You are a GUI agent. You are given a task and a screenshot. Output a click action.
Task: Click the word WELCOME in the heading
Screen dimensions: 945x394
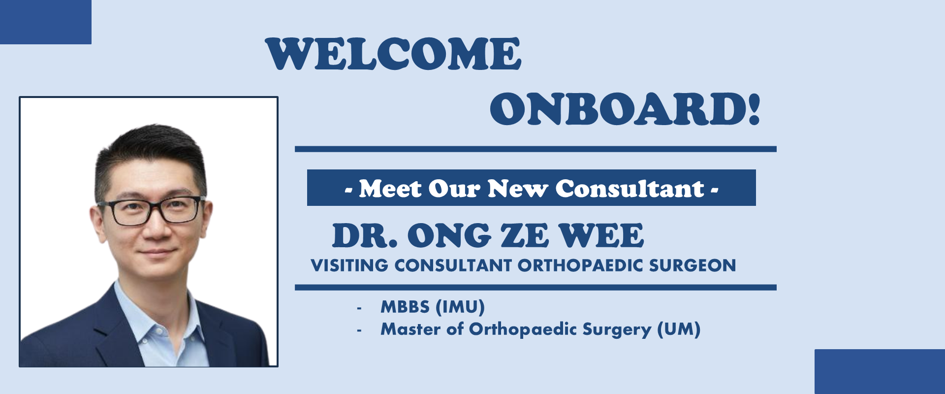(x=393, y=54)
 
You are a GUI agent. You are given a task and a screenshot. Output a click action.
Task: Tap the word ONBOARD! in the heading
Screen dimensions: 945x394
(x=625, y=109)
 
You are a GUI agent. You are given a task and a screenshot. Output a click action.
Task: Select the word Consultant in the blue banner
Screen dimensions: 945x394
(x=630, y=189)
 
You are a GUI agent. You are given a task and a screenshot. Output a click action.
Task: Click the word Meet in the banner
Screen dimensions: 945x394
(x=390, y=189)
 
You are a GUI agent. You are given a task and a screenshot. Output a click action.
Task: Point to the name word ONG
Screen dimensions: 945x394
(x=449, y=235)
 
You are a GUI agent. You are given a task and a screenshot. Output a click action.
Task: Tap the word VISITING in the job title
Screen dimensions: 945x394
(x=349, y=265)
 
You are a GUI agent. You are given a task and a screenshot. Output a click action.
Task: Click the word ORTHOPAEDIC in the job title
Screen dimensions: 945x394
(x=581, y=265)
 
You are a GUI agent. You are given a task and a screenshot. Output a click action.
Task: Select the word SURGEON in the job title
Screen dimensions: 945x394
(x=693, y=265)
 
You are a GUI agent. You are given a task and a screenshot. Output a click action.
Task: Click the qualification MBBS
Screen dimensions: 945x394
(x=405, y=307)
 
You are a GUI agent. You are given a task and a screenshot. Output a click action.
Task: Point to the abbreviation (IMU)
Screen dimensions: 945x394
(x=460, y=307)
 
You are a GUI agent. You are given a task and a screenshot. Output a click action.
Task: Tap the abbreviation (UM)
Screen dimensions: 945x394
(x=679, y=329)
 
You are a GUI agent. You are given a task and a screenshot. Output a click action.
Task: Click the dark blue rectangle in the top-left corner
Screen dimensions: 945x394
(x=46, y=22)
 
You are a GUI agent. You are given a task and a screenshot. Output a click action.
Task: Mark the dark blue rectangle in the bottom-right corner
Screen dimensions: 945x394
(x=880, y=372)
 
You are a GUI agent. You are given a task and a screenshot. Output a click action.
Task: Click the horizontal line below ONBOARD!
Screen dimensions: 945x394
(x=535, y=149)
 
